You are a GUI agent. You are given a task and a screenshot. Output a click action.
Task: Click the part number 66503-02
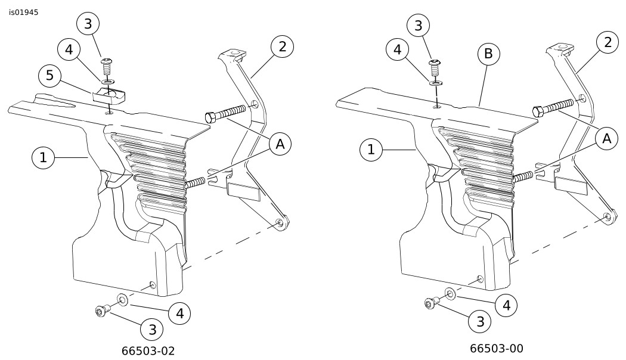click(x=148, y=351)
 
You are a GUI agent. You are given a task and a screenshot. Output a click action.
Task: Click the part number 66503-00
click(x=496, y=349)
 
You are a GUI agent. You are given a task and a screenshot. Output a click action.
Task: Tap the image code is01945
click(x=24, y=13)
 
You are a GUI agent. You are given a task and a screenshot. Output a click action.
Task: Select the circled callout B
click(x=488, y=54)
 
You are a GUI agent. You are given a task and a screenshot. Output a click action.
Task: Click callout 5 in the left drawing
click(x=50, y=76)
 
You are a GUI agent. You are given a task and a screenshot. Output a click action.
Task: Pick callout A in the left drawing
click(x=280, y=144)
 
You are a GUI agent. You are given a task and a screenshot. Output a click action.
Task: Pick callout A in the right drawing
click(x=606, y=139)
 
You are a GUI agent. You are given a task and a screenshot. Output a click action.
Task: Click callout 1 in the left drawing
click(x=43, y=158)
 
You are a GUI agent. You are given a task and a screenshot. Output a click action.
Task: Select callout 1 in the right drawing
click(x=371, y=150)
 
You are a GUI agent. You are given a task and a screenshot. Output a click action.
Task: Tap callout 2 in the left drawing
click(x=282, y=46)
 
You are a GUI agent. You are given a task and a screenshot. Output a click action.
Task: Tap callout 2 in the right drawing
click(x=608, y=42)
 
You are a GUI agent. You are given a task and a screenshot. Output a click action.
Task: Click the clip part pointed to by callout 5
click(x=109, y=96)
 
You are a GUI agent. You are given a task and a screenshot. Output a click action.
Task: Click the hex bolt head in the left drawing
click(x=210, y=117)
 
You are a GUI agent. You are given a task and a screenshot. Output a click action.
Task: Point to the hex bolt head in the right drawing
click(x=538, y=111)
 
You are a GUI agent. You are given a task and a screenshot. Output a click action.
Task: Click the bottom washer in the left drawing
click(x=122, y=299)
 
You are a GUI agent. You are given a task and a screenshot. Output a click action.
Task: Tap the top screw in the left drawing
click(x=107, y=66)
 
